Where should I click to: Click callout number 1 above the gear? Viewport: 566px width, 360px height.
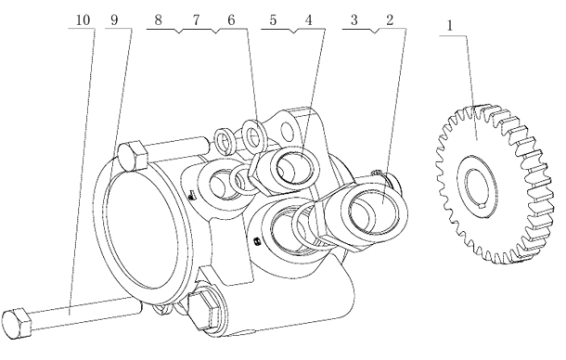click(450, 26)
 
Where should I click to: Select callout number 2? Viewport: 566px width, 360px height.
click(390, 19)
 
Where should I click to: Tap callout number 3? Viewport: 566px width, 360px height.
click(354, 19)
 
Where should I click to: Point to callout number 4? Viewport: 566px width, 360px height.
click(308, 19)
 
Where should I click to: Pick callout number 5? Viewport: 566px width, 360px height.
click(273, 19)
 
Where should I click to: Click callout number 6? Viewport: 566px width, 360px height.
click(231, 19)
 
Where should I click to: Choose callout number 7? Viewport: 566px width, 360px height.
click(196, 19)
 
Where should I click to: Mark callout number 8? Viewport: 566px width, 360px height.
click(158, 19)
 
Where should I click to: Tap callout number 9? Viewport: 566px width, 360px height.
click(114, 19)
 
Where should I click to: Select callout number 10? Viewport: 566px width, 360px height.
click(83, 19)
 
